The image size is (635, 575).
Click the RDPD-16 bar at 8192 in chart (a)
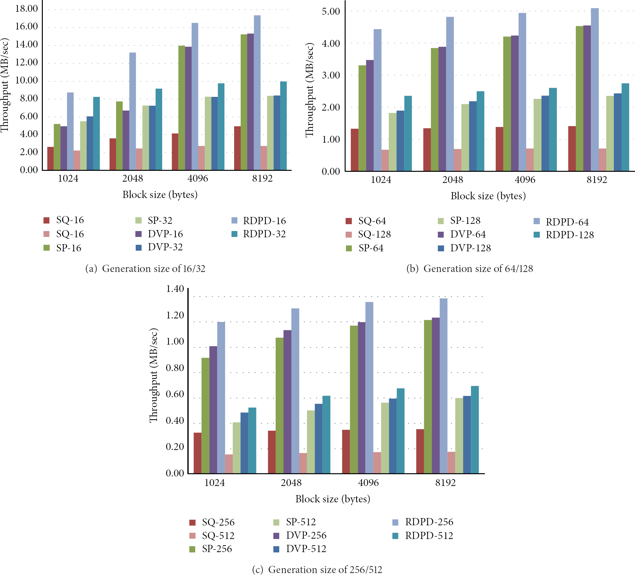(257, 93)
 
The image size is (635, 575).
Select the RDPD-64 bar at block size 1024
(377, 100)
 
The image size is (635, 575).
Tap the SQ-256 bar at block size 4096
(346, 451)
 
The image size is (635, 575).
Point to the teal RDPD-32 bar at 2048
(159, 129)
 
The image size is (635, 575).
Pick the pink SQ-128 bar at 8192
(602, 160)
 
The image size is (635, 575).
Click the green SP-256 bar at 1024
(205, 415)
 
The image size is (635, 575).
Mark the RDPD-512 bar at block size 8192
(475, 430)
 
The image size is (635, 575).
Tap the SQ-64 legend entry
(366, 221)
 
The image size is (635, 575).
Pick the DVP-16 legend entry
(159, 234)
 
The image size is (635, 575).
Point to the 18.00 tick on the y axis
(26, 9)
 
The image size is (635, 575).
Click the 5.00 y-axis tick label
(331, 11)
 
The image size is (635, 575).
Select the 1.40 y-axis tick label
(175, 289)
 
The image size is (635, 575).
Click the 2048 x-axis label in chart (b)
(453, 180)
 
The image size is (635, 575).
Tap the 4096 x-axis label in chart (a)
(198, 178)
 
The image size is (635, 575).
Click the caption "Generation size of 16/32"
(154, 269)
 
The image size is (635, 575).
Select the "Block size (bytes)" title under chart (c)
(333, 499)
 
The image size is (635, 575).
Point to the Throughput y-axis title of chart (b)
(309, 90)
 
